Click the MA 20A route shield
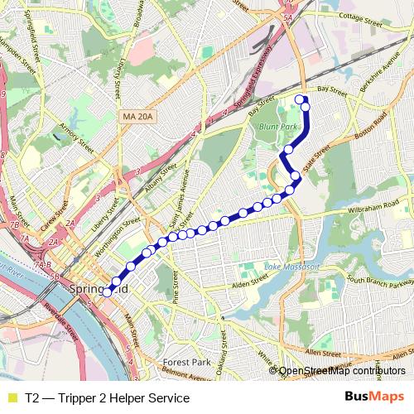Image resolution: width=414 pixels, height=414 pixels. [136, 118]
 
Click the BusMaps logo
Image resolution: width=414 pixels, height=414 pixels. [374, 397]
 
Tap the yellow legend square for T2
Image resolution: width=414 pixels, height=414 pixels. [11, 398]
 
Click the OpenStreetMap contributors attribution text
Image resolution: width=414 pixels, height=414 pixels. [341, 372]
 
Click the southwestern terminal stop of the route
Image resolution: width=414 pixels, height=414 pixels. [106, 291]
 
